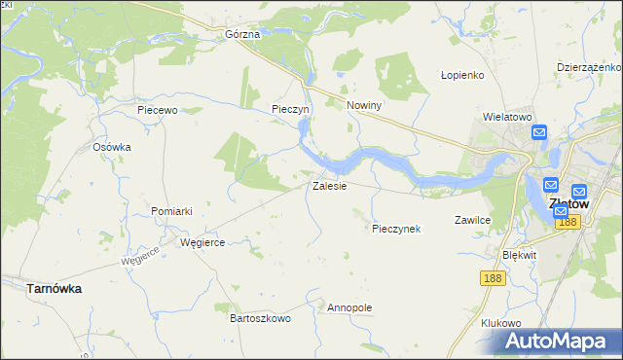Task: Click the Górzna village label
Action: click(242, 34)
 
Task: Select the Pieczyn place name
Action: click(290, 110)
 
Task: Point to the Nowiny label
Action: click(363, 105)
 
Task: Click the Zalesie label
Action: click(329, 186)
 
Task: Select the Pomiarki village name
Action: click(172, 211)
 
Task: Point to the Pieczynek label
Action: click(395, 230)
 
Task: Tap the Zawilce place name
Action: click(472, 221)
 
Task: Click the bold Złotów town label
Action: click(569, 204)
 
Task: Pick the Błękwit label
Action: click(519, 254)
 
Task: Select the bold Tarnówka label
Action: click(54, 289)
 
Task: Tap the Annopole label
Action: click(350, 307)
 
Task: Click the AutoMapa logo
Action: click(559, 341)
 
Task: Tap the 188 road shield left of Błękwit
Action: click(493, 278)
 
